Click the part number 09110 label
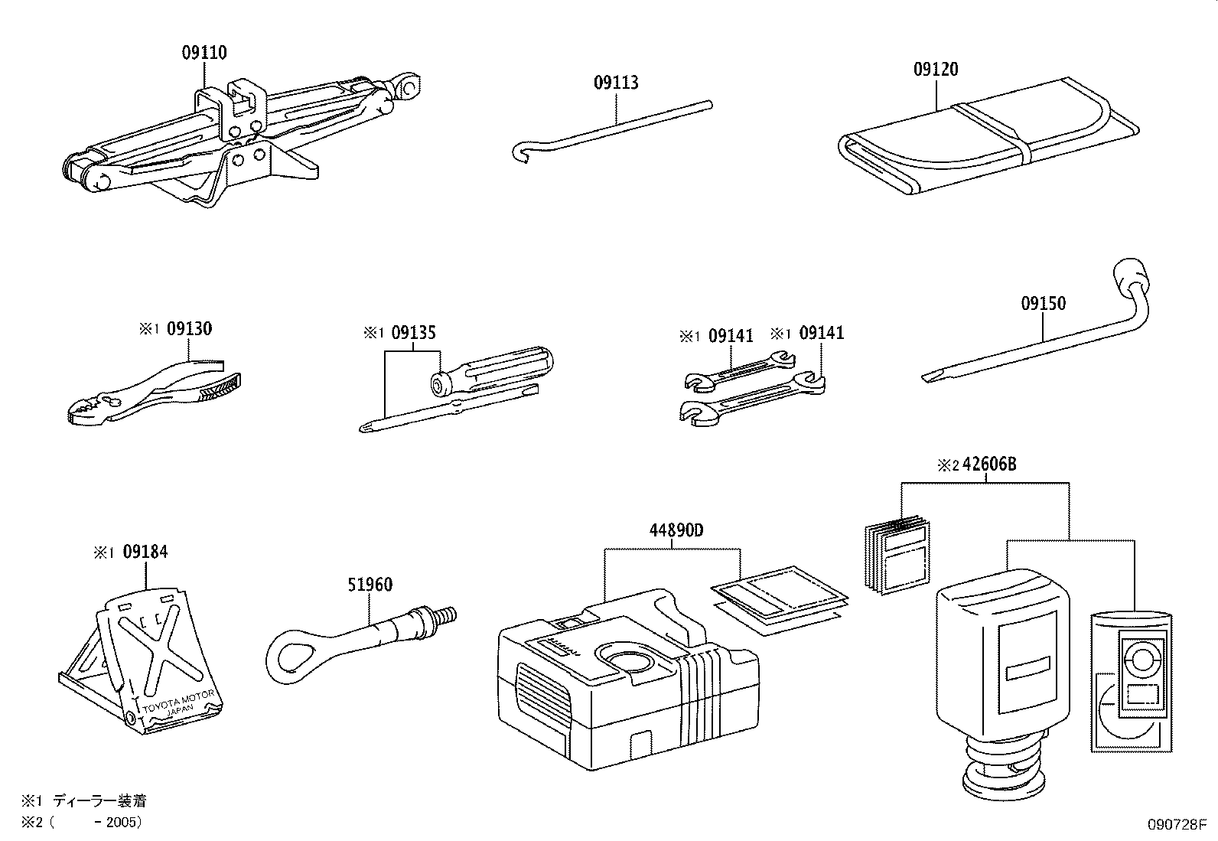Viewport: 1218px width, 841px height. [x=204, y=53]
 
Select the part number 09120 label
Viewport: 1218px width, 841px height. [x=935, y=70]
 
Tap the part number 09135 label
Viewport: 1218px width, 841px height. [x=413, y=333]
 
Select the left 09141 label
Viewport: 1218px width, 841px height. [x=731, y=336]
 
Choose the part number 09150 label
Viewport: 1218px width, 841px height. [x=1043, y=304]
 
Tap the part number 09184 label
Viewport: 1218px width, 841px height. [x=145, y=552]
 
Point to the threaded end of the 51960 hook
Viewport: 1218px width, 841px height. [x=445, y=614]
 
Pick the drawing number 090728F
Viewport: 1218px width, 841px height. [x=1175, y=825]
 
